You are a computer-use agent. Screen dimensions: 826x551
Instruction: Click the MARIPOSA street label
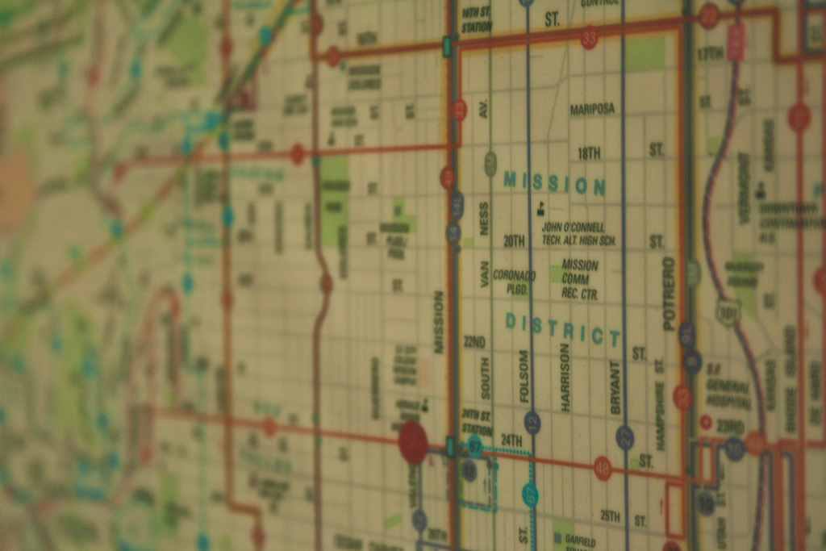click(x=592, y=109)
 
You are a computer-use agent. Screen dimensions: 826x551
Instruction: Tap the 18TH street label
click(x=589, y=153)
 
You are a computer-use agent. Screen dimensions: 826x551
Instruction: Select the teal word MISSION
click(x=554, y=184)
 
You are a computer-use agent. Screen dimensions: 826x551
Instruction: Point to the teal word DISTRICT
click(x=563, y=329)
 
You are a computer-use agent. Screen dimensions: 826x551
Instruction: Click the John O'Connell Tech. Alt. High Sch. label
click(x=578, y=234)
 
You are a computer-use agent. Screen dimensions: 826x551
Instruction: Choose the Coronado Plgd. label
click(x=514, y=282)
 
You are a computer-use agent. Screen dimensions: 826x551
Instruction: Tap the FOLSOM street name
click(x=524, y=376)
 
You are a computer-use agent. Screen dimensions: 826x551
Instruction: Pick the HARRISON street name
click(x=565, y=377)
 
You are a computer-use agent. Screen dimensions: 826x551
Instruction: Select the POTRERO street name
click(x=668, y=294)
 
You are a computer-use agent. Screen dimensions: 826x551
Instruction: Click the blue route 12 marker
click(x=532, y=422)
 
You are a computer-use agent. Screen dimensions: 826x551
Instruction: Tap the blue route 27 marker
click(x=624, y=438)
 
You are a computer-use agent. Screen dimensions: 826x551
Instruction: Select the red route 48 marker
click(x=602, y=468)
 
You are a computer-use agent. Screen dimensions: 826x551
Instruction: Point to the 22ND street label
click(x=474, y=341)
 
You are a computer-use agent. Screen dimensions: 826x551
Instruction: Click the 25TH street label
click(x=610, y=516)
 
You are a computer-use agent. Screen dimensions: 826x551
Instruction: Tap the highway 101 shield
click(x=728, y=312)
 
